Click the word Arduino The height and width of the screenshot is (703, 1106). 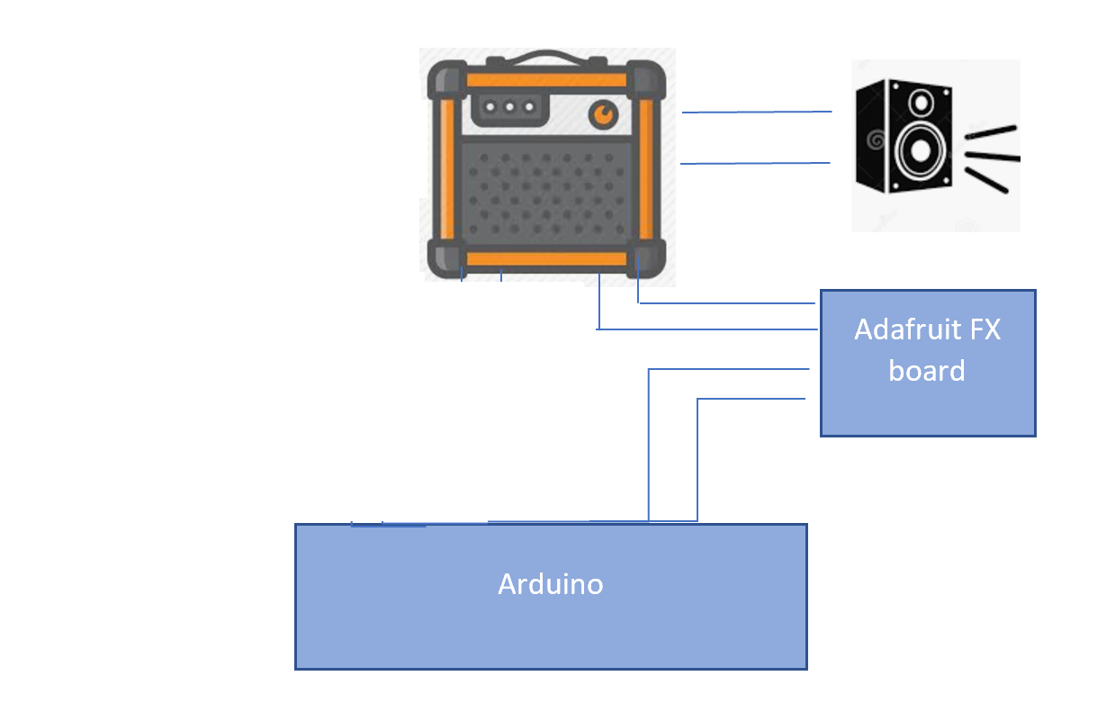click(x=550, y=584)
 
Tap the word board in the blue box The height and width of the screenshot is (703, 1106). click(x=926, y=370)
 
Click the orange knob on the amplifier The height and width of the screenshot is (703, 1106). click(x=604, y=114)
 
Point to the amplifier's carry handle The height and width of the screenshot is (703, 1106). click(x=547, y=60)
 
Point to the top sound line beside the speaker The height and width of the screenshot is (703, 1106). click(x=991, y=132)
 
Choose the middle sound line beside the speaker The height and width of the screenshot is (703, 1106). click(x=994, y=158)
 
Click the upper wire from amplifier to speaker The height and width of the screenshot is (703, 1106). click(x=756, y=113)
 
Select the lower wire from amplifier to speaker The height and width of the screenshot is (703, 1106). click(x=755, y=163)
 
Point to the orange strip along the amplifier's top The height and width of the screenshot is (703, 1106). click(x=546, y=80)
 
